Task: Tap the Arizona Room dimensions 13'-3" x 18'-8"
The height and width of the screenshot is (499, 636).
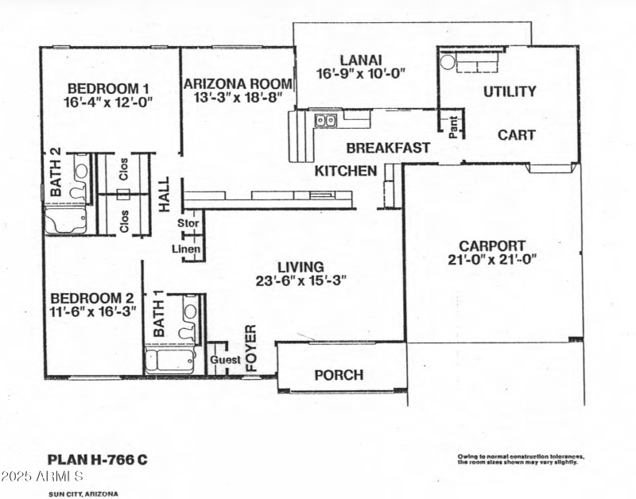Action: pyautogui.click(x=238, y=98)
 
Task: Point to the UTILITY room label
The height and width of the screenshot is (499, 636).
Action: pyautogui.click(x=510, y=91)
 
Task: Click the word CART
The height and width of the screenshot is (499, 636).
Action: pyautogui.click(x=517, y=135)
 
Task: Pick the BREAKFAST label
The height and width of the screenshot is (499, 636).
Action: pyautogui.click(x=388, y=148)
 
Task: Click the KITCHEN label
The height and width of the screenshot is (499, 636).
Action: pyautogui.click(x=346, y=171)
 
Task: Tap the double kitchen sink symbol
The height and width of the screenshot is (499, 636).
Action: pyautogui.click(x=324, y=121)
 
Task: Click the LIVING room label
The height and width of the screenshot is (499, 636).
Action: pyautogui.click(x=301, y=267)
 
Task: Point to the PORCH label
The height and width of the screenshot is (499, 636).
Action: pyautogui.click(x=339, y=374)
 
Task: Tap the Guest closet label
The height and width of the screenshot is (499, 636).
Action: pyautogui.click(x=224, y=360)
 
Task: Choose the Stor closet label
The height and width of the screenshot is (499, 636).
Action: pyautogui.click(x=188, y=223)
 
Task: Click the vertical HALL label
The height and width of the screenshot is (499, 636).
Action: pyautogui.click(x=165, y=194)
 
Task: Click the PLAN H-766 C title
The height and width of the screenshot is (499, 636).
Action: pyautogui.click(x=98, y=458)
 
